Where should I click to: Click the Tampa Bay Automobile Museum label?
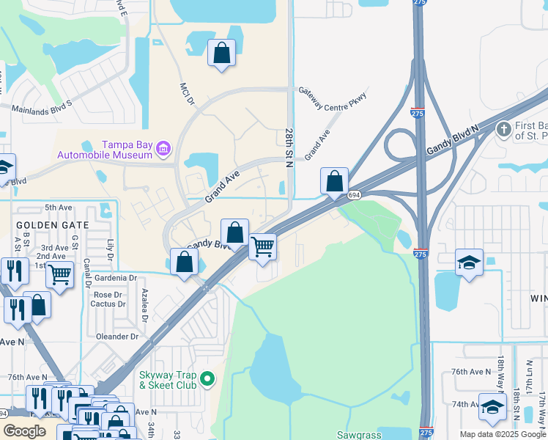point(105,149)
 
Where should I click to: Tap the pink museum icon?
point(163,150)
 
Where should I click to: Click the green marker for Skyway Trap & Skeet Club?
point(208,379)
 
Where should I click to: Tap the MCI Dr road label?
point(185,94)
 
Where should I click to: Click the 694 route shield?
point(355,195)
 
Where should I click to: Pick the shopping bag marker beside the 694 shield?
point(334,181)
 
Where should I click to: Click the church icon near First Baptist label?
point(503,130)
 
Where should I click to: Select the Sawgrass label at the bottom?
point(360,435)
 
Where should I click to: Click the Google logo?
point(24,431)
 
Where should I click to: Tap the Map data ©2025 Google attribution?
point(503,434)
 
